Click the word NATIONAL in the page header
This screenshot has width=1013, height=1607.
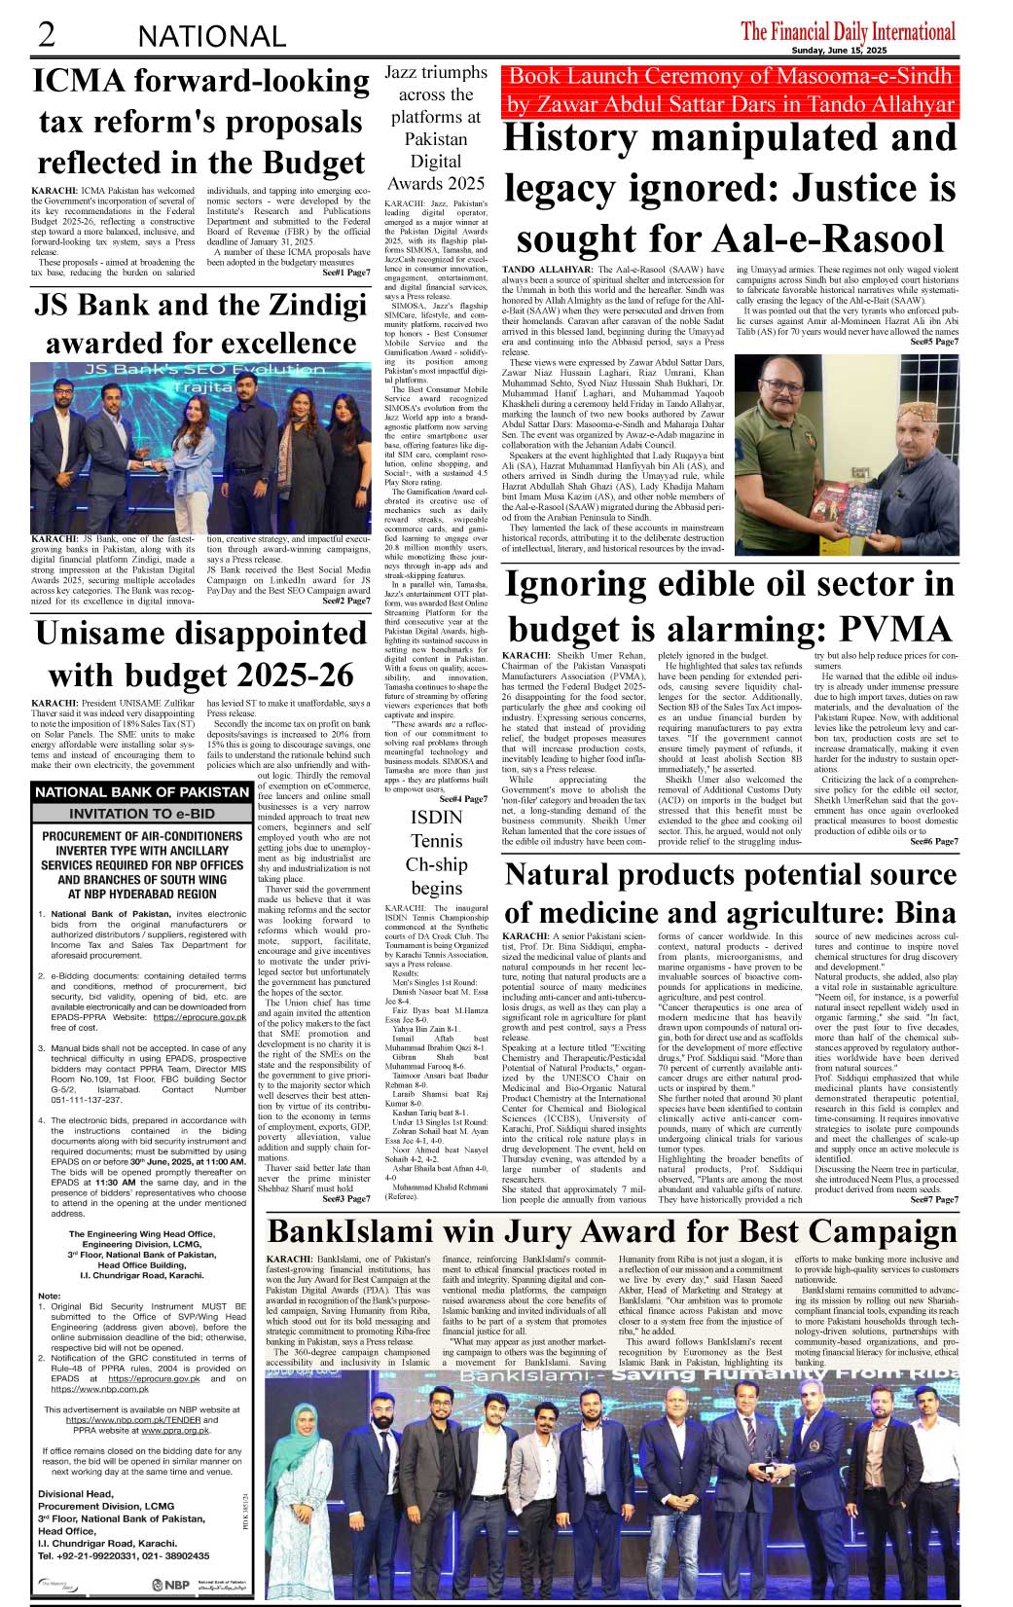point(212,37)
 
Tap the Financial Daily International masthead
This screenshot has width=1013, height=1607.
point(848,31)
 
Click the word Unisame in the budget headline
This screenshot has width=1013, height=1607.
point(103,634)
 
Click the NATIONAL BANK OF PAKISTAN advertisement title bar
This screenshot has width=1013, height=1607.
point(142,792)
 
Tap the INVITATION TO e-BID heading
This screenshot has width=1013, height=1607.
point(142,813)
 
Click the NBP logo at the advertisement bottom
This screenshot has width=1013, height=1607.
point(170,1585)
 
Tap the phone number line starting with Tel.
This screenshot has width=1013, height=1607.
point(124,1555)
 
